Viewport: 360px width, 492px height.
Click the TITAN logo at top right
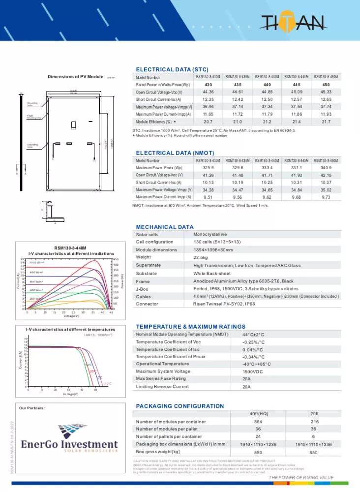(295, 22)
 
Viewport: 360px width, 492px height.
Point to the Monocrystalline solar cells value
(210, 235)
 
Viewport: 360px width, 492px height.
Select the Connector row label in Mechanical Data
(147, 304)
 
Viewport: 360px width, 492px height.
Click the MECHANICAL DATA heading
(165, 227)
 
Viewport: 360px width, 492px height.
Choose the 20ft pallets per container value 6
(313, 436)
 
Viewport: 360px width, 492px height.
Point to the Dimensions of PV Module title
(75, 77)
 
